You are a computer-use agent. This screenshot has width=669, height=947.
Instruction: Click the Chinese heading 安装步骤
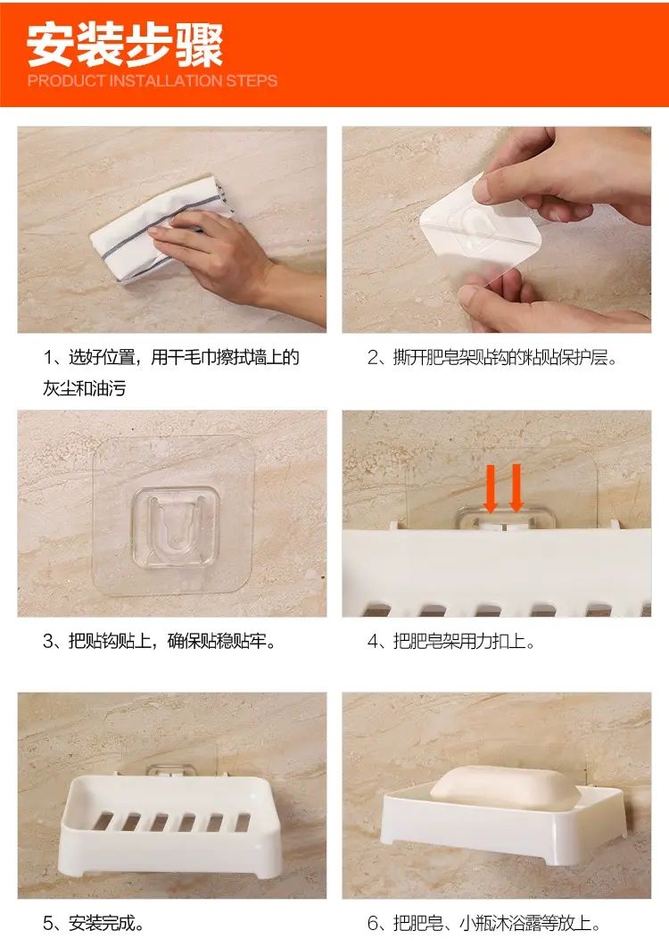pos(125,46)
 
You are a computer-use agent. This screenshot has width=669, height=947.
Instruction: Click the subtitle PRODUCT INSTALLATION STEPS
pos(153,81)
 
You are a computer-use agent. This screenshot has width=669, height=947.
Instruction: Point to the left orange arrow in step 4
pos(491,488)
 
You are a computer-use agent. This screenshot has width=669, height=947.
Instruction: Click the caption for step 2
pos(492,358)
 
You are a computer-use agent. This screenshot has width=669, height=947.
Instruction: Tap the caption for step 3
pos(160,641)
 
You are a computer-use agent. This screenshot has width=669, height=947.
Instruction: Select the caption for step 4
pos(451,641)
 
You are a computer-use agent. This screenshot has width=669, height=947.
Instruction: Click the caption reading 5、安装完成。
pos(94,923)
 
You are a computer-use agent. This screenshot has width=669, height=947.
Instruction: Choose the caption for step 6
pos(484,923)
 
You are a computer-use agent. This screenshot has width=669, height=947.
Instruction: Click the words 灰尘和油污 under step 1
pos(85,387)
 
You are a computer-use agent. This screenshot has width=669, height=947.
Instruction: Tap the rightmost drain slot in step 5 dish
pos(242,822)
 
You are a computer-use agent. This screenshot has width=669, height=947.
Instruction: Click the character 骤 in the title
pos(200,46)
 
